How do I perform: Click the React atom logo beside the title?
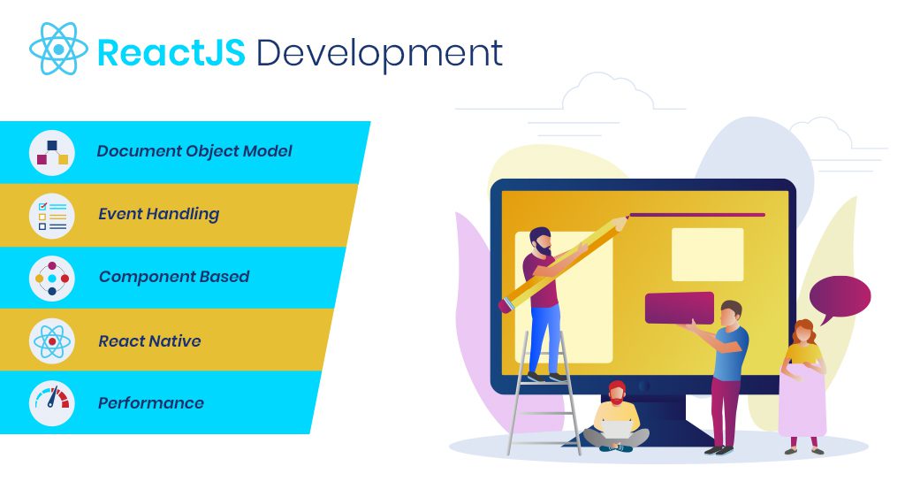[59, 49]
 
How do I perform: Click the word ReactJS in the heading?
[171, 52]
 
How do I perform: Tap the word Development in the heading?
[379, 54]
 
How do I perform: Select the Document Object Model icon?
[52, 152]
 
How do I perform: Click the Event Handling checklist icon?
[52, 216]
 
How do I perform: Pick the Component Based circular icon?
[52, 279]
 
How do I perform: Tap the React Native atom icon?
[52, 341]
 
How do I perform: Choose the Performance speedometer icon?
[52, 403]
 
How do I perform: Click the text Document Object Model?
[194, 151]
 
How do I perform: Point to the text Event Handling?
[159, 214]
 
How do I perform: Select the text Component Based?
[174, 277]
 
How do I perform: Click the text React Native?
[149, 341]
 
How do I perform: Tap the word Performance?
[151, 403]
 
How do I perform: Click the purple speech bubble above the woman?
[840, 297]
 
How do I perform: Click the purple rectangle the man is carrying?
[680, 308]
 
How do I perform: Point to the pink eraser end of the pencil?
[505, 305]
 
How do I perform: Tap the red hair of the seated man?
[617, 386]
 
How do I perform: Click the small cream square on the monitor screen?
[708, 255]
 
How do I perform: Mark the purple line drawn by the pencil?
[696, 215]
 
